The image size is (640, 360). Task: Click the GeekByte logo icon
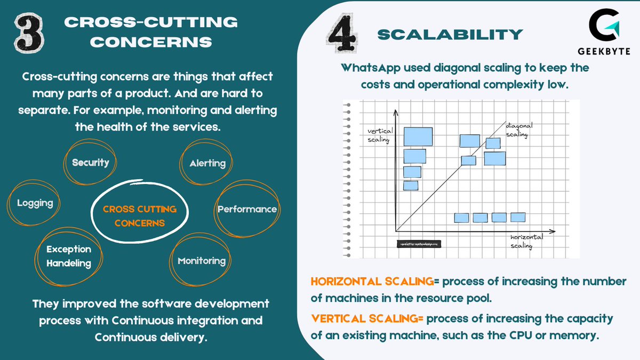602,27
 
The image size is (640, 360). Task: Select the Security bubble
91,163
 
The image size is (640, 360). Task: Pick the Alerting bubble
207,163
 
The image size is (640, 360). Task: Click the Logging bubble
35,203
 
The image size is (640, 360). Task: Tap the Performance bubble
247,209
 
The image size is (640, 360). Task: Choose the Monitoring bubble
202,261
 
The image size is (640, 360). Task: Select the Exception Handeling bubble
68,256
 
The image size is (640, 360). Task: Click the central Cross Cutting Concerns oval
140,215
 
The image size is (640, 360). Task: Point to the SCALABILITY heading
450,35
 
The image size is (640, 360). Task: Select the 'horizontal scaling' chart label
526,241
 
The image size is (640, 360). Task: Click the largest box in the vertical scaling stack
418,136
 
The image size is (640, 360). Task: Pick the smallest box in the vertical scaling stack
410,185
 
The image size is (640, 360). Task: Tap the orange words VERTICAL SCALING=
367,318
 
